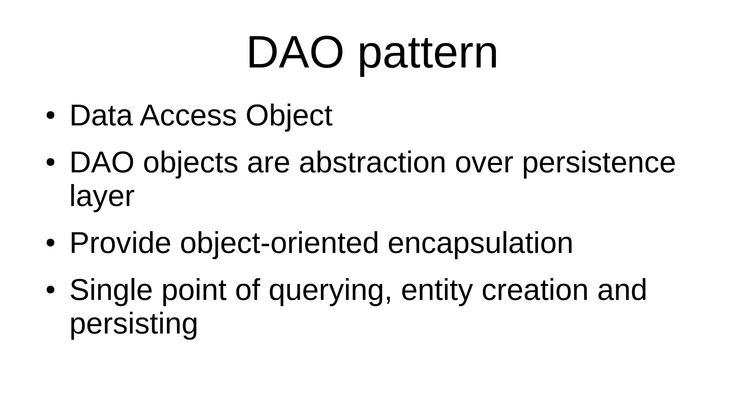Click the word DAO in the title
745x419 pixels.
295,53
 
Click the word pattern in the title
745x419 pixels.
428,55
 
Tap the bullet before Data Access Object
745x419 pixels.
50,116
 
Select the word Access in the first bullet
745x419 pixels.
188,116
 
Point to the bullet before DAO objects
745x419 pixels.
50,163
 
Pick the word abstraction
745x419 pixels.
372,163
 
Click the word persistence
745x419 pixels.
599,163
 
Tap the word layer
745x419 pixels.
102,197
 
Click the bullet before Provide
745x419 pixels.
50,243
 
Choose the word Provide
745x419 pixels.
120,243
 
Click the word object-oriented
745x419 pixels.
279,244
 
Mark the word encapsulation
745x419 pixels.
480,244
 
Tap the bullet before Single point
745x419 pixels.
50,290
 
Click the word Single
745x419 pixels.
111,291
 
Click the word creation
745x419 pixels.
535,290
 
